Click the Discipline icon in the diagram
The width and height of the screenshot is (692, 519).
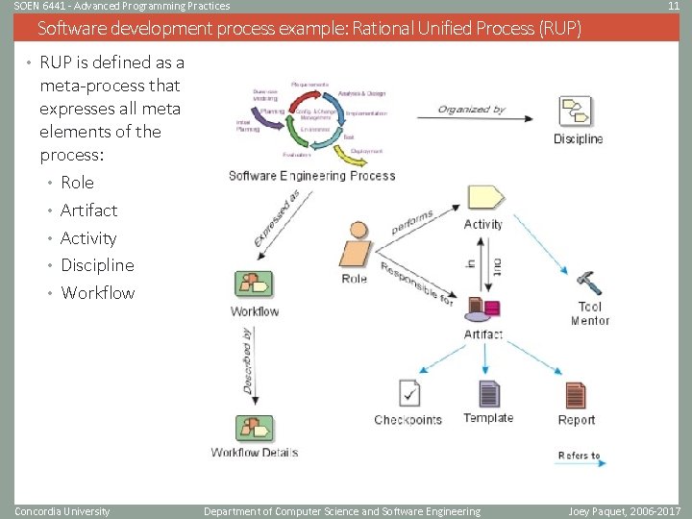tap(578, 112)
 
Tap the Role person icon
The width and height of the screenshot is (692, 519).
tap(355, 247)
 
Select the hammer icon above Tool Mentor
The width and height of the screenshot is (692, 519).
tap(588, 283)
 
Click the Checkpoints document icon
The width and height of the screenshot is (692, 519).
tap(408, 395)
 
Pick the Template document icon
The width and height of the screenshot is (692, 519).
tap(489, 394)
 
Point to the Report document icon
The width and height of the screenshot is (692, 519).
tap(576, 395)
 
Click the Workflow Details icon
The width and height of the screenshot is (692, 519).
tap(254, 429)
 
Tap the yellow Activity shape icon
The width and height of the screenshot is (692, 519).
tap(484, 197)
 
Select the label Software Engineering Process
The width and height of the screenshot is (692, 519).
tap(312, 176)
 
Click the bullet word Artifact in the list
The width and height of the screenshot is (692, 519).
tap(88, 210)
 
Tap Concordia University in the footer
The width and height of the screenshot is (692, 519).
tap(62, 511)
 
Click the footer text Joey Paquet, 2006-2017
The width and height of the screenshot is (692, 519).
tap(624, 511)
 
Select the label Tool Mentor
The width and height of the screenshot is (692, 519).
tap(589, 314)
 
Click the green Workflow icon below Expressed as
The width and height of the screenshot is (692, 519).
tap(254, 285)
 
